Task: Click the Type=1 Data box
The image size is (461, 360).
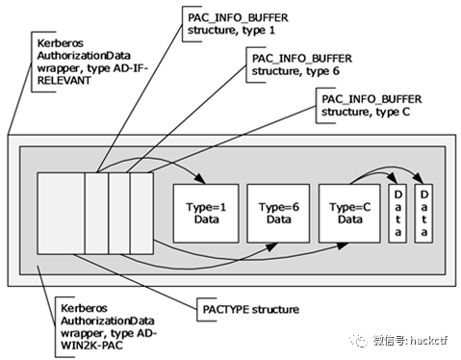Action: [x=206, y=214]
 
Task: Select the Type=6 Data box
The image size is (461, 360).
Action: [x=278, y=214]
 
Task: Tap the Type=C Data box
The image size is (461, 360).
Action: [x=349, y=214]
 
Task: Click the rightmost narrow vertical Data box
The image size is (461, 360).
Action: [x=423, y=214]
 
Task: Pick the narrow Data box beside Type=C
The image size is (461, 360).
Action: [x=397, y=214]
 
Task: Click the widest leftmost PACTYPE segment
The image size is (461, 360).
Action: [x=61, y=214]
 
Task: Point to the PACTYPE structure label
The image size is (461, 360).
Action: [x=251, y=310]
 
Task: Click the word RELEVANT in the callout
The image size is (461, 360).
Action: [x=64, y=81]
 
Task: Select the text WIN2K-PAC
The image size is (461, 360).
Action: [x=91, y=346]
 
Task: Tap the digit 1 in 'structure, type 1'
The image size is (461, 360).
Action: [x=271, y=31]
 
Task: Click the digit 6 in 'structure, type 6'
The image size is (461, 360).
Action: [x=336, y=71]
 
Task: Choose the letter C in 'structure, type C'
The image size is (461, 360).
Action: [x=406, y=112]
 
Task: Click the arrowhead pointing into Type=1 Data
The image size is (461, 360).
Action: [x=200, y=179]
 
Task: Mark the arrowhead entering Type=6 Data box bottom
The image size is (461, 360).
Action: [x=271, y=246]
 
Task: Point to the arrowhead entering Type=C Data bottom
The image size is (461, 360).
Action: [x=343, y=246]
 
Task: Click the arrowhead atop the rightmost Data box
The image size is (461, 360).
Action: [x=418, y=178]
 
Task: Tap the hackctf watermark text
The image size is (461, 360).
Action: [x=428, y=341]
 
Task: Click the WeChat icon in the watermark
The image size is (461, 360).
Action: [x=358, y=340]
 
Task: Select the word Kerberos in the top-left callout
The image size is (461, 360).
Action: [x=61, y=43]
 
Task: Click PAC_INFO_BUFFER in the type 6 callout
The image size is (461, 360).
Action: [x=302, y=59]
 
